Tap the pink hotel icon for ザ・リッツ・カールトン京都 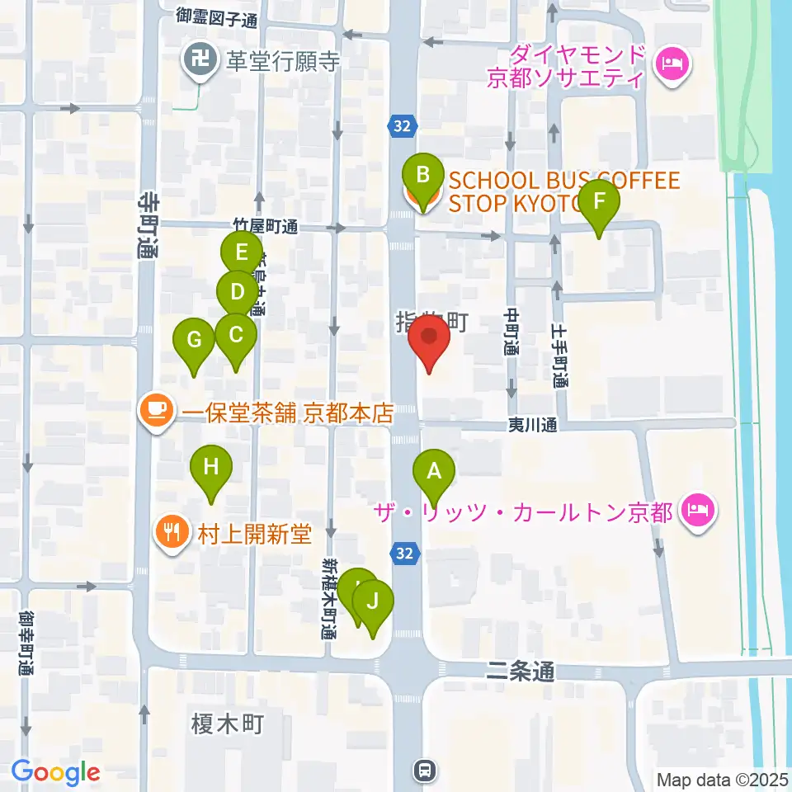699,512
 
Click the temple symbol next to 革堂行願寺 199,61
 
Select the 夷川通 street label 532,426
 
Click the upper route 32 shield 400,125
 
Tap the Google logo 56,772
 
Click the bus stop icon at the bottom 424,771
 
